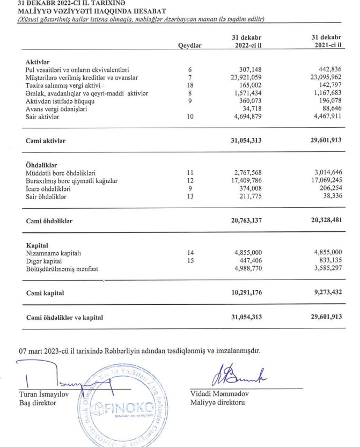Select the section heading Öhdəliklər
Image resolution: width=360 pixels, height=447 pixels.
point(42,165)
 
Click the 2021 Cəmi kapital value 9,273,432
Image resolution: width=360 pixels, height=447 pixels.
point(324,294)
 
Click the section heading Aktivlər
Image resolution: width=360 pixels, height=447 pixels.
point(38,63)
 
